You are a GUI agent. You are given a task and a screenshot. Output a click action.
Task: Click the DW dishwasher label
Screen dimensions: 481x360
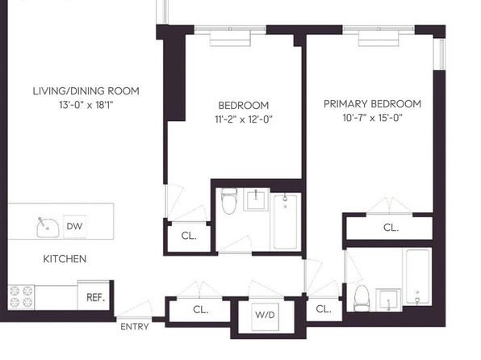(74, 226)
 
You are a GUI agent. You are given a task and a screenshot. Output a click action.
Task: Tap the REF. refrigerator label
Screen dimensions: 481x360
(95, 297)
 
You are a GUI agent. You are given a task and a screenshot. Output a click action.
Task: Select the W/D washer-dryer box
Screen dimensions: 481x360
(265, 317)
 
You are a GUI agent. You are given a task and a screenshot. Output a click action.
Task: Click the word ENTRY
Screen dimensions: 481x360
(134, 327)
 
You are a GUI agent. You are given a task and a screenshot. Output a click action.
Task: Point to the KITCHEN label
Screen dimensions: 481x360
(65, 259)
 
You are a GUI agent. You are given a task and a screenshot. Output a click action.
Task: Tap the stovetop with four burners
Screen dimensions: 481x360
(21, 297)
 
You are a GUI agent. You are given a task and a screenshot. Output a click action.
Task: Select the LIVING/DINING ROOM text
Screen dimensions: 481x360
(86, 91)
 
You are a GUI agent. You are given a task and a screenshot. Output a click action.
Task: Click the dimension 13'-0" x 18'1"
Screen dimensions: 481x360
(86, 105)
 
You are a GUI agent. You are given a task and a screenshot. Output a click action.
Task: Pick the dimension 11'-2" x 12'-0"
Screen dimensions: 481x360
(244, 119)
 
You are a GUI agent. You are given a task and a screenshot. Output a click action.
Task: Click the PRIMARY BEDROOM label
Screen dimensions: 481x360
(372, 104)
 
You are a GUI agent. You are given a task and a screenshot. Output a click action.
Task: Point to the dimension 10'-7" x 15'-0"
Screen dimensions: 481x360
(372, 118)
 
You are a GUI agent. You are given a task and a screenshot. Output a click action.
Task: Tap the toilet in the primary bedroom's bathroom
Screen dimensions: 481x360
(362, 298)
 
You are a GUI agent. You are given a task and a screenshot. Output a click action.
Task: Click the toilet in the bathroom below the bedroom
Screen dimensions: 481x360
(229, 201)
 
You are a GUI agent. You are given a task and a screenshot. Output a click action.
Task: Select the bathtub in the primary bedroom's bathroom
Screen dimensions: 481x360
(417, 277)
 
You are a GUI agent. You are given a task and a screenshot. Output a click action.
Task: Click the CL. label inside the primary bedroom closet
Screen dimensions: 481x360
(391, 228)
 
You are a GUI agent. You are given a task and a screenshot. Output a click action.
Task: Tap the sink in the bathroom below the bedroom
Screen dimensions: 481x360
(256, 200)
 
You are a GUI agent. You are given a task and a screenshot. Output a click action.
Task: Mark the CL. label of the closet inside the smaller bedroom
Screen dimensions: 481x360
(189, 236)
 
